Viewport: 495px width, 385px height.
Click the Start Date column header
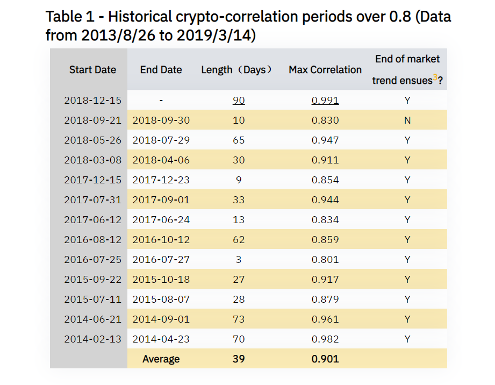tap(92, 70)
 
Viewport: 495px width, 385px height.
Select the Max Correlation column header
tap(325, 70)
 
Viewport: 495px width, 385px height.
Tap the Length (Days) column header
tap(238, 70)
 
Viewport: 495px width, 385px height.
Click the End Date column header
tap(161, 70)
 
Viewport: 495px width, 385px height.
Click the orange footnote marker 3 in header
tap(435, 77)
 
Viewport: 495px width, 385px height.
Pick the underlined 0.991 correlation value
tap(325, 101)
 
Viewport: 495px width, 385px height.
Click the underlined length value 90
tap(239, 101)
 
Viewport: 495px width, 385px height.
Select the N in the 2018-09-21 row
tap(407, 120)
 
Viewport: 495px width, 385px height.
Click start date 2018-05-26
tap(92, 140)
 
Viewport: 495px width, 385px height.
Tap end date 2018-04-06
tap(161, 160)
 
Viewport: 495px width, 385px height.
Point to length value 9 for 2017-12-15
tap(239, 180)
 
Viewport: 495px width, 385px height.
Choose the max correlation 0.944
tap(325, 200)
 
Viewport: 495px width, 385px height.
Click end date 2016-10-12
tap(161, 240)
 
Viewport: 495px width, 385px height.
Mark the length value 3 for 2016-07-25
tap(239, 260)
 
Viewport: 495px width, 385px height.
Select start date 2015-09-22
tap(92, 280)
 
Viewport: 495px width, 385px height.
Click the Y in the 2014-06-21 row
tap(407, 319)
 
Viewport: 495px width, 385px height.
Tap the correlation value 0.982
tap(325, 339)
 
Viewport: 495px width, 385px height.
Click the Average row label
tap(161, 359)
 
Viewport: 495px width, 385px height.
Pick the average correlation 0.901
tap(325, 359)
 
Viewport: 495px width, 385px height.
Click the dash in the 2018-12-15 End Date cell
tap(161, 101)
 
